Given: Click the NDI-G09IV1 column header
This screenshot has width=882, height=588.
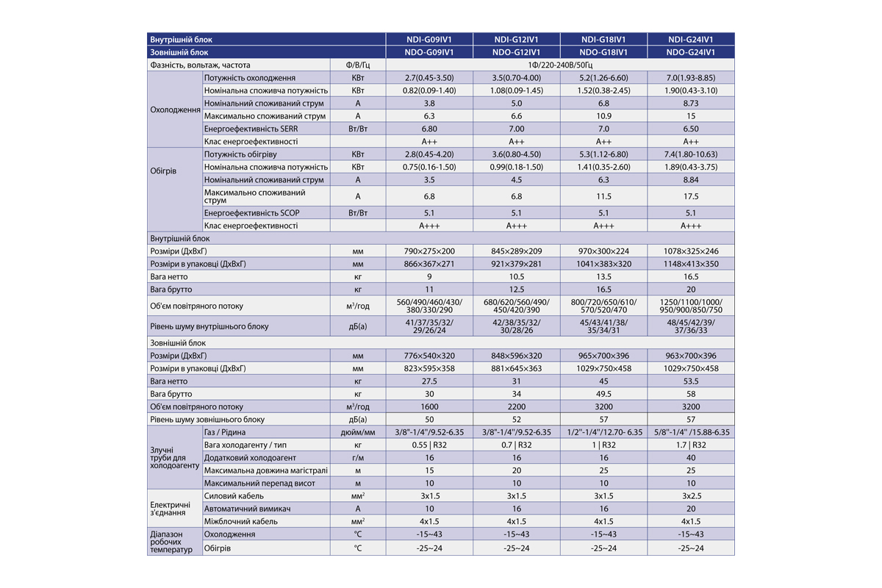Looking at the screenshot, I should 429,40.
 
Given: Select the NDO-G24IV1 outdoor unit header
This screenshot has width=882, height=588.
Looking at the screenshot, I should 691,53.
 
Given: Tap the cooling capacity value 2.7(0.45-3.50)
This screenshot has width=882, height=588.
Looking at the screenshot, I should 429,78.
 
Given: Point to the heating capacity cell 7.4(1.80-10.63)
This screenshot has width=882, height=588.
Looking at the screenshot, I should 691,154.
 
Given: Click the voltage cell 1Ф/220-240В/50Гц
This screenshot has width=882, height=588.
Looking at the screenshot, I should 559,65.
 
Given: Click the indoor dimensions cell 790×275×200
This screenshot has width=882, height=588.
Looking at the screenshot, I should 429,251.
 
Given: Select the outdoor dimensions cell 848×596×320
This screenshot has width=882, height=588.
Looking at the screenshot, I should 516,356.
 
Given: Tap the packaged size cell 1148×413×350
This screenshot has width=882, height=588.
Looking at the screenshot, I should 691,264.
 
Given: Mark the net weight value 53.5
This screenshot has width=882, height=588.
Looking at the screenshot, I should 691,381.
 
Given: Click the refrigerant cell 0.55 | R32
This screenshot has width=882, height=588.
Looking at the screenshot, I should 429,445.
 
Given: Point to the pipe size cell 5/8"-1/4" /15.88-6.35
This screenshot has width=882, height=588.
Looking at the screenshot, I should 691,432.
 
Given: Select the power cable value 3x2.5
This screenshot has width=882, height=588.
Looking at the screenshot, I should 691,496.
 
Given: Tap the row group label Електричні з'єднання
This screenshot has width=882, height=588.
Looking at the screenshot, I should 170,509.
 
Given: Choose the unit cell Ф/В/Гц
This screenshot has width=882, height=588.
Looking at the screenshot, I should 358,65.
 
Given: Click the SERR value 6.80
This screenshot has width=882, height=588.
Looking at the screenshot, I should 429,129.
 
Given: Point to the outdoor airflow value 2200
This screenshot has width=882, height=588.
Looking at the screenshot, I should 516,406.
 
